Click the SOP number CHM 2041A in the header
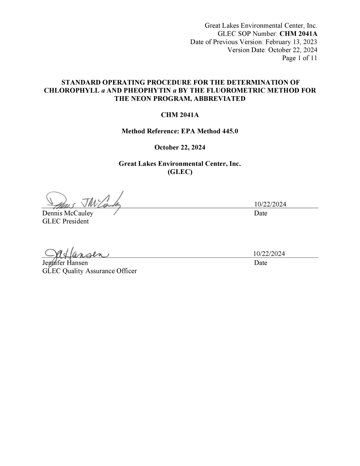pos(298,34)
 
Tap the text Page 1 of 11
pos(300,58)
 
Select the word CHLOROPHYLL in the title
pos(72,90)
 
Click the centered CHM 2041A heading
pos(180,115)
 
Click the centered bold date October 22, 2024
pos(180,147)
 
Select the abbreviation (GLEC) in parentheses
pos(180,172)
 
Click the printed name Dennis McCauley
pos(68,213)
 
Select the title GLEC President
pos(66,221)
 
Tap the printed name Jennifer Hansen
pos(65,263)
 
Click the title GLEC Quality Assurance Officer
pos(90,271)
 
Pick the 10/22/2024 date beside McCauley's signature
pos(270,204)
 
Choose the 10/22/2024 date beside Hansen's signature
pos(269,254)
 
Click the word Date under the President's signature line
pos(261,213)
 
